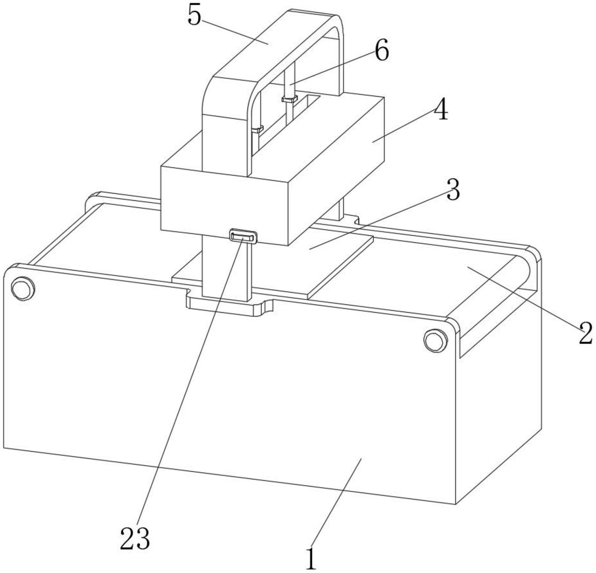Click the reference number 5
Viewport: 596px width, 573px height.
(195, 15)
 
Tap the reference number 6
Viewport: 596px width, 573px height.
(382, 52)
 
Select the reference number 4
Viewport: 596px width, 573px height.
(441, 110)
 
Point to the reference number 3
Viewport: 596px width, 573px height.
(453, 190)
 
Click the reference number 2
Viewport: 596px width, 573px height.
(585, 333)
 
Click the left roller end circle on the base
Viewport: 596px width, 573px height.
(23, 288)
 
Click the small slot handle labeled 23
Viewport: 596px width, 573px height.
(243, 236)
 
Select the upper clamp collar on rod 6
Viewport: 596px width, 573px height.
(289, 99)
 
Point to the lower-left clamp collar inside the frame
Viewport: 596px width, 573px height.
(257, 129)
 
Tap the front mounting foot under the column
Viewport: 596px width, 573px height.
(229, 305)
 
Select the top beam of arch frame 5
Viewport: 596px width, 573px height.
(272, 44)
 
